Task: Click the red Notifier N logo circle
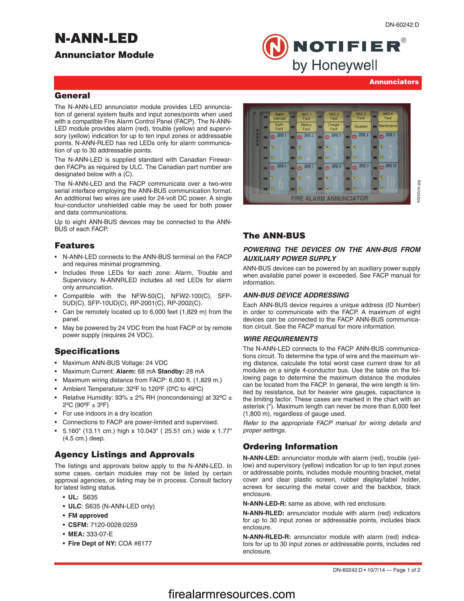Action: [x=275, y=47]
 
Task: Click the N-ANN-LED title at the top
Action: [x=96, y=38]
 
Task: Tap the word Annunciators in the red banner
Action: [x=394, y=82]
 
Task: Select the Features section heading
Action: [x=75, y=246]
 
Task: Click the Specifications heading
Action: [x=87, y=351]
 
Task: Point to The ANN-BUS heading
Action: [x=274, y=235]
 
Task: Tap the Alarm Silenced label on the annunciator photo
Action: [x=279, y=116]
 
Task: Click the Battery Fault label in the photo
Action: [x=306, y=127]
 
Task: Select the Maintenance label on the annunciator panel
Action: [x=388, y=126]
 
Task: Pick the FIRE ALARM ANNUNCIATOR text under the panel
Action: [x=329, y=198]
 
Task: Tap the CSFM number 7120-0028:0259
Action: [x=114, y=525]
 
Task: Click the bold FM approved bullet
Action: [x=88, y=515]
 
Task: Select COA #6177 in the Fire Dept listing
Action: [x=135, y=543]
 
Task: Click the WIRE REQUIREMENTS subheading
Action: [x=280, y=339]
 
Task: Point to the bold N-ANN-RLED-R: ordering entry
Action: [x=267, y=537]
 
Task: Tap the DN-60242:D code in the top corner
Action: [x=402, y=25]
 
